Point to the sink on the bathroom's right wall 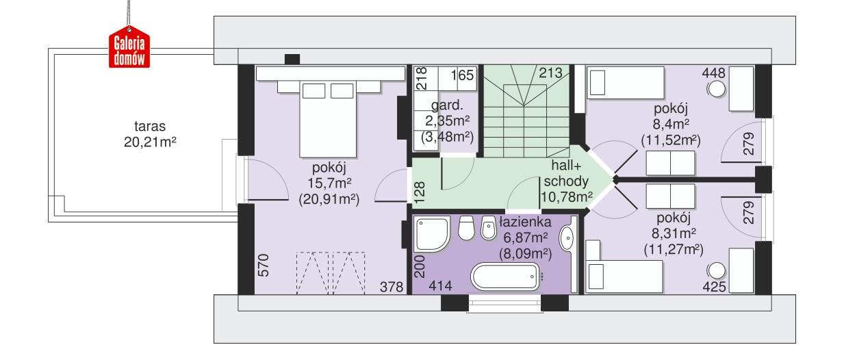click(567, 237)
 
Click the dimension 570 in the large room click(260, 265)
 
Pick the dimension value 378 click(392, 287)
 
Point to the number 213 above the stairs click(551, 73)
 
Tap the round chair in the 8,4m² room click(717, 89)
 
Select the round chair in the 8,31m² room click(717, 270)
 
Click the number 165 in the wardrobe click(462, 75)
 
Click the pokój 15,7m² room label click(329, 183)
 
